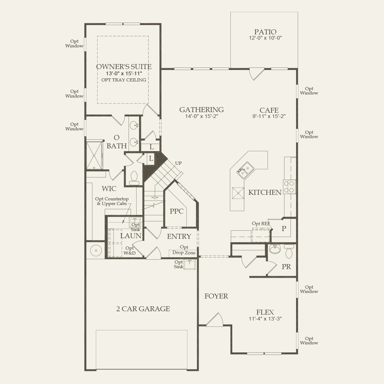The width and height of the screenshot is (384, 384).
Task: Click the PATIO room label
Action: click(x=265, y=32)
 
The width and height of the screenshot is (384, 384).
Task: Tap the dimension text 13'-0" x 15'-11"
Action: click(x=124, y=74)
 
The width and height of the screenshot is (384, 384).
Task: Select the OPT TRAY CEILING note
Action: click(x=124, y=80)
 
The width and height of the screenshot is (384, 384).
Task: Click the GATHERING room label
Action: click(x=201, y=110)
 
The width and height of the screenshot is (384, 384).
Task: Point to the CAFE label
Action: click(x=269, y=111)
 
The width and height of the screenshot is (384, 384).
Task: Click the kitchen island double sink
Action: click(x=245, y=170)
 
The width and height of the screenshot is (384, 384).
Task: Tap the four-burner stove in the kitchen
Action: click(x=289, y=187)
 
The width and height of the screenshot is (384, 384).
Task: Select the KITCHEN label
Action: click(x=265, y=192)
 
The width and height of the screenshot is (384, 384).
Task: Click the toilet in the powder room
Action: click(x=289, y=251)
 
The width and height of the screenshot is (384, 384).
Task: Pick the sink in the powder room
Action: click(x=274, y=248)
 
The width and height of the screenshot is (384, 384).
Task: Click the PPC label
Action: click(x=177, y=211)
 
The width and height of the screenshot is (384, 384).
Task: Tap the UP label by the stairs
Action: click(x=178, y=163)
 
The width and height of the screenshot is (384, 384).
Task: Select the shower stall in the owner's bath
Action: click(x=94, y=155)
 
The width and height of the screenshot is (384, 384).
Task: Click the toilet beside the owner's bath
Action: click(x=134, y=178)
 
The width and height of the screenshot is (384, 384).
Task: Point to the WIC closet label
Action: click(x=109, y=189)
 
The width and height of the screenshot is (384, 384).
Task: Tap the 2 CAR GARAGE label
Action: click(x=143, y=309)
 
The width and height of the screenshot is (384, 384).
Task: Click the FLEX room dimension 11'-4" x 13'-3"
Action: click(x=265, y=319)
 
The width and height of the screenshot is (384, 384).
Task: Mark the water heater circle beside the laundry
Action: click(x=96, y=250)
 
